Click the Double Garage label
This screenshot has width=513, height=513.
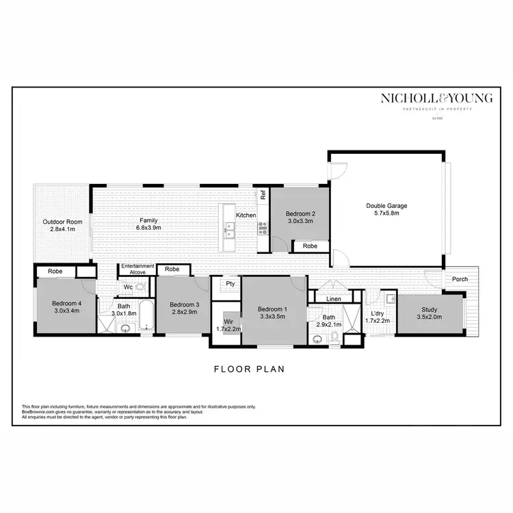pyautogui.click(x=387, y=205)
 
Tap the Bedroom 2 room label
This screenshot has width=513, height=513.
pyautogui.click(x=300, y=213)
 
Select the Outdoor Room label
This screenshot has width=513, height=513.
pyautogui.click(x=62, y=222)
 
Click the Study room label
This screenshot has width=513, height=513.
pyautogui.click(x=429, y=308)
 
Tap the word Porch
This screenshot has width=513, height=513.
pyautogui.click(x=460, y=279)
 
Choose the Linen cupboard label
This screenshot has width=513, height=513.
pyautogui.click(x=334, y=299)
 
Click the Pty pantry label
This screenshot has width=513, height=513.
pyautogui.click(x=231, y=283)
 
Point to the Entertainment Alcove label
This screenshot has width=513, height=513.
pyautogui.click(x=137, y=269)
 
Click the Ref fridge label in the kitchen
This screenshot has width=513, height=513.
pyautogui.click(x=263, y=194)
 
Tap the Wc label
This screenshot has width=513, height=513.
pyautogui.click(x=128, y=287)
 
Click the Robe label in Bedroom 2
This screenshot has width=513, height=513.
pyautogui.click(x=310, y=246)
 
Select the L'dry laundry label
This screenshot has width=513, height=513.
pyautogui.click(x=376, y=313)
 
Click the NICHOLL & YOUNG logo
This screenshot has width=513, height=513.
pyautogui.click(x=436, y=99)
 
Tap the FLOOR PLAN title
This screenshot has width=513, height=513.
pyautogui.click(x=249, y=369)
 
